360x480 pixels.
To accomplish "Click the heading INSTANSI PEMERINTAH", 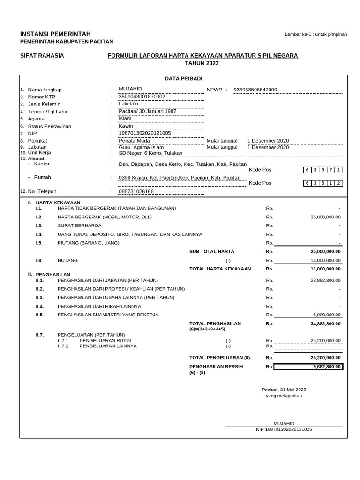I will click(x=55, y=34).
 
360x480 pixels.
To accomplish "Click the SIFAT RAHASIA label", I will click(x=42, y=56).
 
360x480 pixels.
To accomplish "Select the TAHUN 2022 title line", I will click(x=202, y=63).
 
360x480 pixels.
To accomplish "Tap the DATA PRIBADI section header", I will click(x=183, y=79).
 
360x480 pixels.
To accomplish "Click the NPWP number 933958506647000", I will click(x=255, y=90).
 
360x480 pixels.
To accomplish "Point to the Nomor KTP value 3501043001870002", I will click(x=142, y=97).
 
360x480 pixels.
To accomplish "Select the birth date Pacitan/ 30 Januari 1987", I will click(x=150, y=111).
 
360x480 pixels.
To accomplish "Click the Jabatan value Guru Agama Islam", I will click(x=141, y=147).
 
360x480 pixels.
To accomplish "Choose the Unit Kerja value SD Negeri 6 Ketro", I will click(x=150, y=153).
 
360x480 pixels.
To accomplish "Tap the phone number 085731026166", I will click(x=136, y=191).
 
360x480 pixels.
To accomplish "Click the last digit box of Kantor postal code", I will click(x=337, y=170).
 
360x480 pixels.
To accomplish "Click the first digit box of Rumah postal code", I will click(x=307, y=183).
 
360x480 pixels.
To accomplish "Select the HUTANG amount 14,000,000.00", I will click(x=325, y=260).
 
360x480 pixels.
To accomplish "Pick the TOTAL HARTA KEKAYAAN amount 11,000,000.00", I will click(x=325, y=269).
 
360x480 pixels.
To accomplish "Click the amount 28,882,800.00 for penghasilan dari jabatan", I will click(x=325, y=280).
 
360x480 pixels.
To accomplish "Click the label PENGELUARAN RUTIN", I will click(x=105, y=340).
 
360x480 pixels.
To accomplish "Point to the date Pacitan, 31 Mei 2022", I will click(x=284, y=390).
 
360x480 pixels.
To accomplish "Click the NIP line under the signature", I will click(x=284, y=429).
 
